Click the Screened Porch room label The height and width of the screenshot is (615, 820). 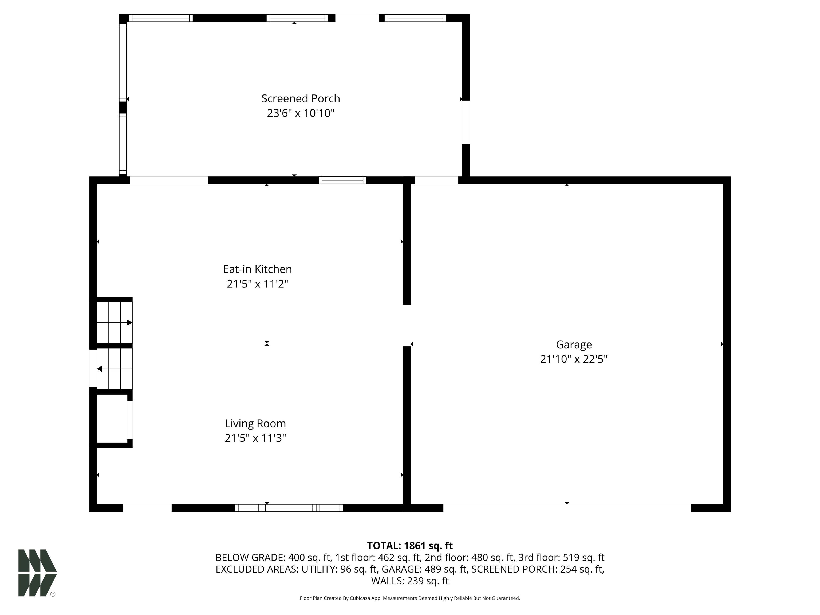point(301,98)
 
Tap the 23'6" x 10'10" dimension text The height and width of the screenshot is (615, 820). point(301,113)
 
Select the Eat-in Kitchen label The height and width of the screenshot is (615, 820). point(258,269)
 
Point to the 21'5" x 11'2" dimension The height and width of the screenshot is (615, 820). point(258,284)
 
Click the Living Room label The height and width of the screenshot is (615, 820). point(255,423)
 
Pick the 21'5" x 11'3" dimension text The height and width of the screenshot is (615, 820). point(255,438)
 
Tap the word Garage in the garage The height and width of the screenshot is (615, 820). point(574,345)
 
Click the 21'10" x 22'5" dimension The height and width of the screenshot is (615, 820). point(574,359)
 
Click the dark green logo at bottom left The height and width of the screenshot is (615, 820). point(37,573)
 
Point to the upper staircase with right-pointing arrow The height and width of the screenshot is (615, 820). point(115,322)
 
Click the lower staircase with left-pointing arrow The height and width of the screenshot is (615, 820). point(115,369)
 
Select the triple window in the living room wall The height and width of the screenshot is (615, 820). point(289,508)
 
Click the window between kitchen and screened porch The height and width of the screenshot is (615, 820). point(342,180)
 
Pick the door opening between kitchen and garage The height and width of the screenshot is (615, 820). point(407,325)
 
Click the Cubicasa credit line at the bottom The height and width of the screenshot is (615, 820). point(410,598)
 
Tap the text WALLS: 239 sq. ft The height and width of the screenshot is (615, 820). point(410,581)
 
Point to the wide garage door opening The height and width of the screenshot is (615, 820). point(567,508)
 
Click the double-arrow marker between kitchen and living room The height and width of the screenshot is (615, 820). point(267,343)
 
